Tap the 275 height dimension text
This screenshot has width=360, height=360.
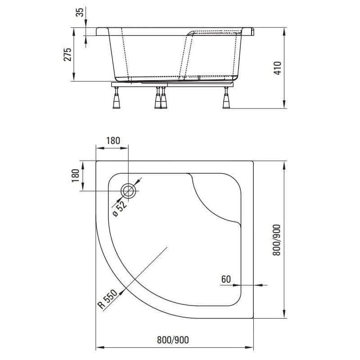click(x=67, y=54)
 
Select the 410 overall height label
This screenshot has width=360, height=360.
click(x=277, y=68)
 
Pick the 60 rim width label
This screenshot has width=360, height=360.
click(x=226, y=279)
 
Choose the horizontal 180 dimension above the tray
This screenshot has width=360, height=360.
click(x=113, y=140)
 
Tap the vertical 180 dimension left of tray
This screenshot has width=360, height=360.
click(x=75, y=175)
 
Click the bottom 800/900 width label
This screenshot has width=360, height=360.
click(x=173, y=340)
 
